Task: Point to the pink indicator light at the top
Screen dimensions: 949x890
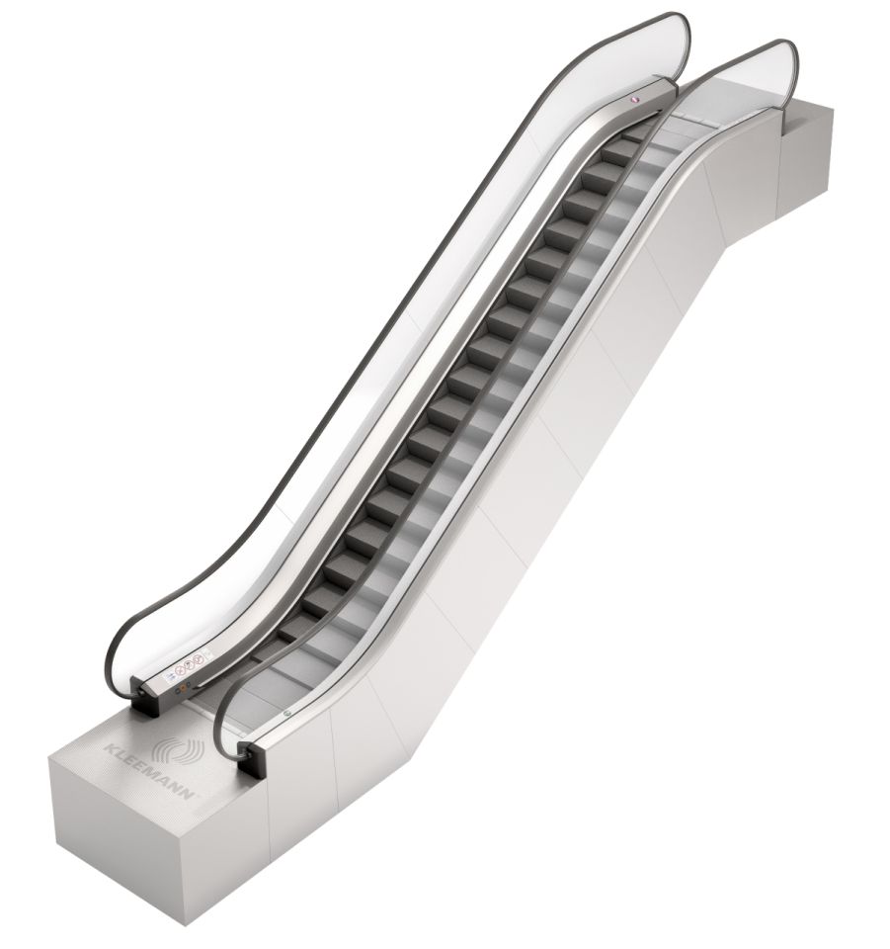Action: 634,101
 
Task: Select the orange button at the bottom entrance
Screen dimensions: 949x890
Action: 183,686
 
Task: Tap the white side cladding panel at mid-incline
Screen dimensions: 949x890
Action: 553,445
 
